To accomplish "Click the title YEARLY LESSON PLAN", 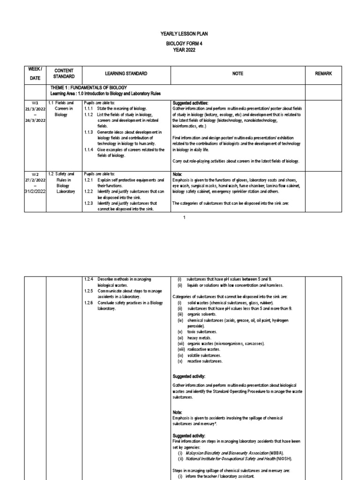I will click(x=180, y=34).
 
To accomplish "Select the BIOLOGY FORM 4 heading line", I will click(x=180, y=43).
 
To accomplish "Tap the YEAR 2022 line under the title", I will click(x=180, y=50).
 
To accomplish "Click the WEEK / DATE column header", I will click(x=35, y=74).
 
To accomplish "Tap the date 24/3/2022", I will click(x=35, y=120).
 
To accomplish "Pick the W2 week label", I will click(x=35, y=174).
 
